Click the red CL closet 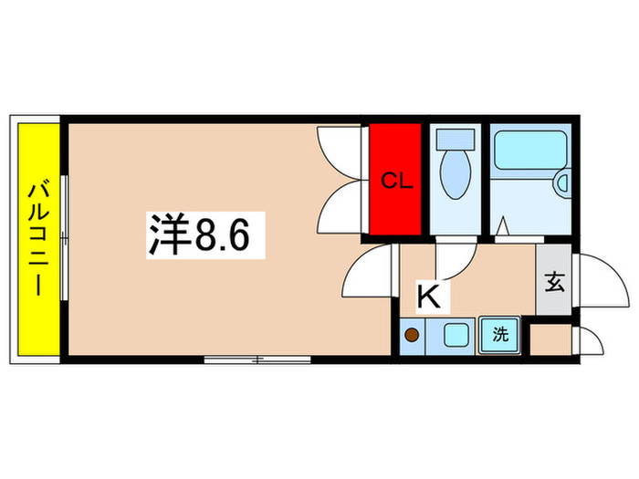pyautogui.click(x=395, y=180)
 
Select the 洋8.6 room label pyautogui.click(x=206, y=236)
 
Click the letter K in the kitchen pyautogui.click(x=429, y=295)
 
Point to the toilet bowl pyautogui.click(x=454, y=174)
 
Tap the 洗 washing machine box pyautogui.click(x=499, y=335)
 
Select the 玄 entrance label pyautogui.click(x=554, y=282)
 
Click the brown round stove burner pyautogui.click(x=413, y=335)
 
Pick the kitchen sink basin pyautogui.click(x=455, y=335)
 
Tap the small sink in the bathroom pyautogui.click(x=563, y=183)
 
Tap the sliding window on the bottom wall pyautogui.click(x=257, y=359)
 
